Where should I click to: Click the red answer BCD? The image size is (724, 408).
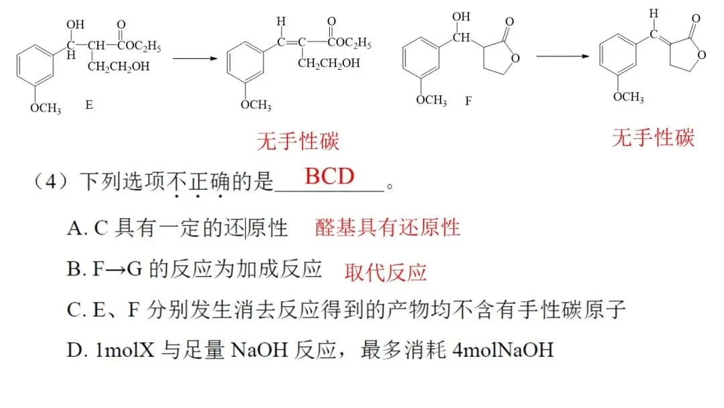pos(329,176)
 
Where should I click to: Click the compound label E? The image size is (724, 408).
pos(89,105)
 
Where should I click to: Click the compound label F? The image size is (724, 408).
pos(468,101)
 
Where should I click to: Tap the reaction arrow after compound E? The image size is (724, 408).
pos(196,58)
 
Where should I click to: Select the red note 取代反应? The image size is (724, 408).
pos(385,272)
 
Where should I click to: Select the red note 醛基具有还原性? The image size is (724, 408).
pos(387,227)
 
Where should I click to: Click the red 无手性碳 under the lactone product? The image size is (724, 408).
pos(653,138)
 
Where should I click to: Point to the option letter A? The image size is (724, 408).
pos(74,229)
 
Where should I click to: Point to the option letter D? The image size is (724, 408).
pos(74,350)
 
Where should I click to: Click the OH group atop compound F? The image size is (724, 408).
pos(461,16)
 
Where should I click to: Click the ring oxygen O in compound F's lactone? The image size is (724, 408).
pos(514,56)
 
